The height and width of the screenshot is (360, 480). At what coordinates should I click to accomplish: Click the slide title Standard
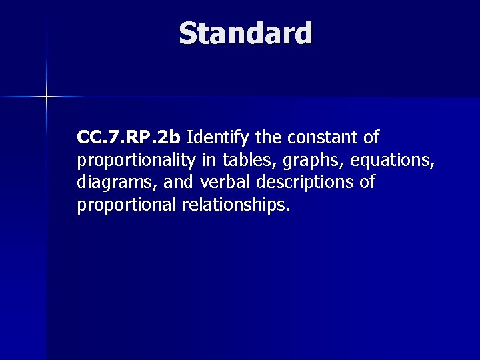tap(245, 33)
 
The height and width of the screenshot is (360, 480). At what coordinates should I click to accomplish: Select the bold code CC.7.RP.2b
tap(129, 138)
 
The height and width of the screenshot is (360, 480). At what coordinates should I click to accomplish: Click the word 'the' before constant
tap(268, 138)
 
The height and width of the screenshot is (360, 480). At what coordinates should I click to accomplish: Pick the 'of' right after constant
tap(371, 138)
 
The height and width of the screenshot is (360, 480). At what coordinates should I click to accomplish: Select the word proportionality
tap(137, 161)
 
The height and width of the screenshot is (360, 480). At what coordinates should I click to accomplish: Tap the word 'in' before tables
tap(207, 160)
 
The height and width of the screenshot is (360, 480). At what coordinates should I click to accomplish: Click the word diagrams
tap(111, 183)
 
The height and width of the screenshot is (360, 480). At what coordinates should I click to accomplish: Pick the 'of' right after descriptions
tap(367, 182)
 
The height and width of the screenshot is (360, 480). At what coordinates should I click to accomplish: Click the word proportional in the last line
tap(127, 205)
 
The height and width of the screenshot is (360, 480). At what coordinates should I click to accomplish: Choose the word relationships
tap(233, 205)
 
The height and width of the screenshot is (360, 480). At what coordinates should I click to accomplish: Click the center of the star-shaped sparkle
tap(47, 97)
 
